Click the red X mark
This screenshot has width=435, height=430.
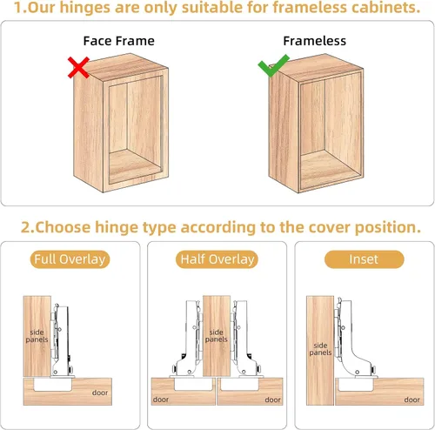click(x=78, y=68)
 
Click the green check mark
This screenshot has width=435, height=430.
click(x=273, y=66)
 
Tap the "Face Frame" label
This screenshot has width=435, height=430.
click(x=119, y=41)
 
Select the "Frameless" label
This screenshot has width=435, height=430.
click(x=315, y=41)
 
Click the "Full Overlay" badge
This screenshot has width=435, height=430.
click(x=70, y=259)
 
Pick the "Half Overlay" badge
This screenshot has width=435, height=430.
click(x=217, y=259)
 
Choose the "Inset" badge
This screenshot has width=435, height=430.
click(x=364, y=259)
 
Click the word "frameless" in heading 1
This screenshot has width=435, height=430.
click(x=309, y=8)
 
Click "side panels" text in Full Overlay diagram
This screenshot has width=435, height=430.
click(x=37, y=336)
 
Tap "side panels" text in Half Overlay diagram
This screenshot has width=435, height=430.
click(x=217, y=336)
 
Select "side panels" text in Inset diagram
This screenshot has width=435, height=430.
click(x=320, y=349)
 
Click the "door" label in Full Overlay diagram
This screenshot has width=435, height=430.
click(x=100, y=393)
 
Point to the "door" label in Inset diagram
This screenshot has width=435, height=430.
click(x=412, y=400)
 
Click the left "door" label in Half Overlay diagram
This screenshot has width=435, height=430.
click(x=161, y=400)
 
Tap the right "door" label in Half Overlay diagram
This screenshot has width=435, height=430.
click(x=272, y=400)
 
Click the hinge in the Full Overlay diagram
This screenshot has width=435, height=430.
click(x=62, y=341)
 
